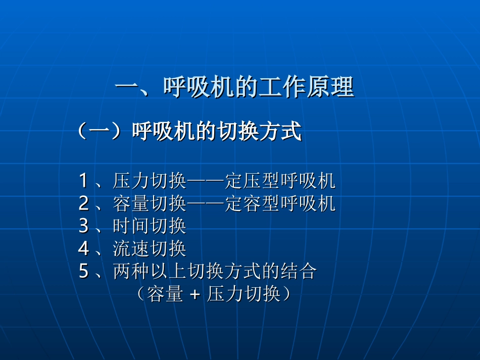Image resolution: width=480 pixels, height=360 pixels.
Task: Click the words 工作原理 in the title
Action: coord(305,88)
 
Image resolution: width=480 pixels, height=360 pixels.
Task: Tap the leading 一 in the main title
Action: coord(127,88)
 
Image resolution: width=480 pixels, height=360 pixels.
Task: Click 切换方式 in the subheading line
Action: coord(259,132)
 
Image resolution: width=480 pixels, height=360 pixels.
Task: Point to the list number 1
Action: coord(84,180)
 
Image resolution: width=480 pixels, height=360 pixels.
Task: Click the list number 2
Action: coord(84,203)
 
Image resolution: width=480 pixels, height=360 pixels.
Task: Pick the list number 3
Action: coord(84,226)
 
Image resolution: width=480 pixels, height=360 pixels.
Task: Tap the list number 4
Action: coord(84,248)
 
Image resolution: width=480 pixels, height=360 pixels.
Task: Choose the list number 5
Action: coord(84,272)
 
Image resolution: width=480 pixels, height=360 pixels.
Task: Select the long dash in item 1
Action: coord(206,180)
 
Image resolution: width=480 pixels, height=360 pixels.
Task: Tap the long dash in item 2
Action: coord(206,203)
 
